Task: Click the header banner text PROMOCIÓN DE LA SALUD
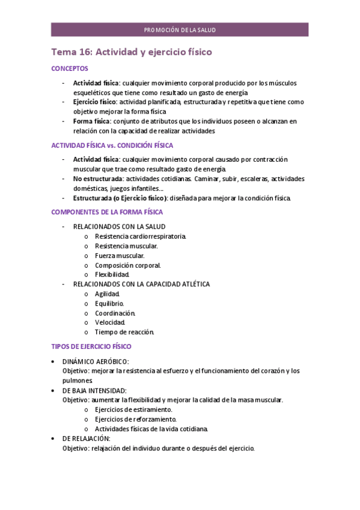coord(180,29)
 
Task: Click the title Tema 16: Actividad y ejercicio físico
coord(132,52)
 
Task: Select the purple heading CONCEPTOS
coord(70,69)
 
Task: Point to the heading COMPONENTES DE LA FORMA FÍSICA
coord(107,212)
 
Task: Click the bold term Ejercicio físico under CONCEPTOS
coord(95,102)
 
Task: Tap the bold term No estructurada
coord(98,179)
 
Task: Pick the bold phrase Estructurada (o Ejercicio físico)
coord(120,198)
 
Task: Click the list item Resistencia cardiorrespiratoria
coord(140,236)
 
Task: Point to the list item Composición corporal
coord(127,265)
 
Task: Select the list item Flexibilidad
coord(112,274)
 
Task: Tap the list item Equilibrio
coord(109,304)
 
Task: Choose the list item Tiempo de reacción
coord(124,332)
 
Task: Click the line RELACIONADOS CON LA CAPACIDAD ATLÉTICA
coord(141,284)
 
